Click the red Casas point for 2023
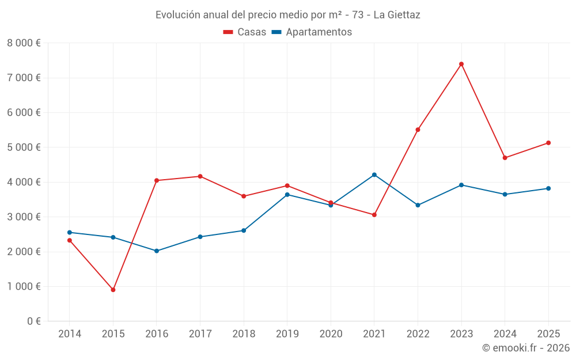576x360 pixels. [x=461, y=64]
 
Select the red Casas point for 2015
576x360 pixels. [x=113, y=290]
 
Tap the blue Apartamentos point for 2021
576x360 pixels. [x=374, y=175]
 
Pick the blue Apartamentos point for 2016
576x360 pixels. [x=157, y=251]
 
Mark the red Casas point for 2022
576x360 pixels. [x=418, y=130]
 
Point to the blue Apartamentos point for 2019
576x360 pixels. [x=287, y=195]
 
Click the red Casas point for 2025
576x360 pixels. [x=548, y=143]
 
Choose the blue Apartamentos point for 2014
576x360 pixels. [x=70, y=232]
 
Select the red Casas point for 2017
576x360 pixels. [x=200, y=176]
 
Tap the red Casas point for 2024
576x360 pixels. [x=505, y=158]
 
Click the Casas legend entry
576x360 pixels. [x=245, y=32]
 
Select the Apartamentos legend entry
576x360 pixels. [x=312, y=32]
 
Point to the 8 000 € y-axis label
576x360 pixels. [x=24, y=43]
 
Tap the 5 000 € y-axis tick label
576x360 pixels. [x=24, y=147]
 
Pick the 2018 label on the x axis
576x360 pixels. [x=244, y=334]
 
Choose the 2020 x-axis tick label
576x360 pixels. [x=331, y=334]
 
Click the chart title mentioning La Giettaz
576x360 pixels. [x=288, y=15]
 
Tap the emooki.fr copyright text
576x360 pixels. [x=525, y=348]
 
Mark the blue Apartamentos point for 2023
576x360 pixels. [x=461, y=185]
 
